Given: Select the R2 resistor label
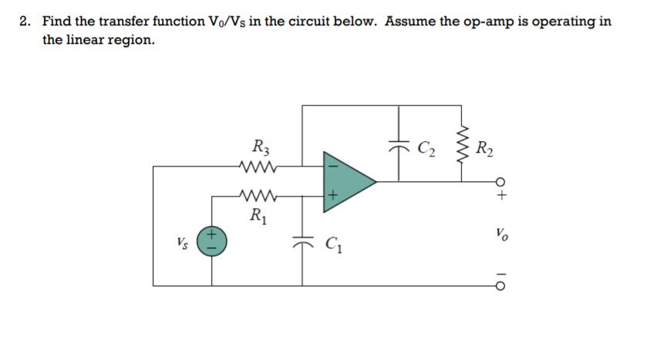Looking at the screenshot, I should point(487,146).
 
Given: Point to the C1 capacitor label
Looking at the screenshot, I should point(335,247).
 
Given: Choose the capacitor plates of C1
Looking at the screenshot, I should point(303,240).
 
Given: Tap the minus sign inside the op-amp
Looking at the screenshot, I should point(333,164).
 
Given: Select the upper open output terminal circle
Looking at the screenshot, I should point(502,182).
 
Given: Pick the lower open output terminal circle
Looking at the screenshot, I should point(502,286).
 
